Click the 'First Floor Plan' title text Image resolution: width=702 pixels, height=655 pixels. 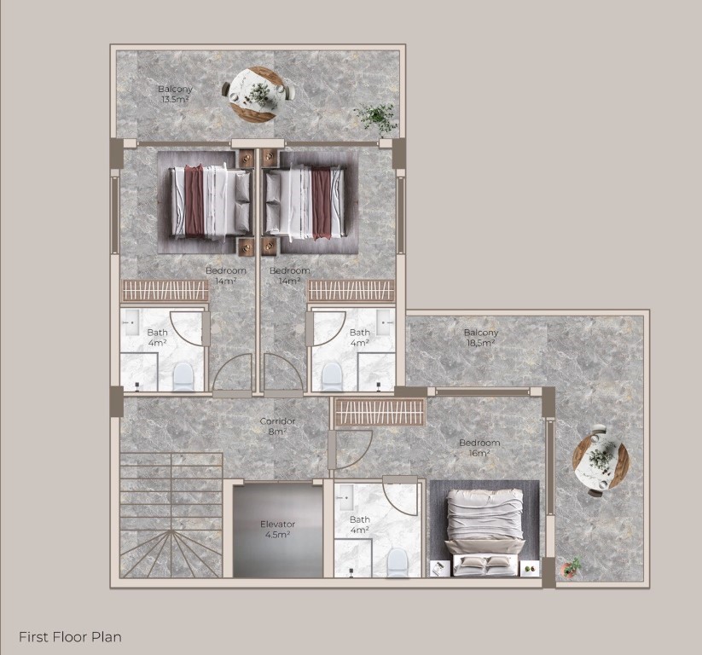point(70,636)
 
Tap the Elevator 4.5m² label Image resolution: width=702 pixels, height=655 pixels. point(277,529)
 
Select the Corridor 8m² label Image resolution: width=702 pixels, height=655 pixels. point(277,426)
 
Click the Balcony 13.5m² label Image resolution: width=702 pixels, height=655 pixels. point(175,94)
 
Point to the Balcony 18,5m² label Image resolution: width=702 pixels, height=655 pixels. point(481,338)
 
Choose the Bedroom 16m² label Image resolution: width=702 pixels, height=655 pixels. point(479,448)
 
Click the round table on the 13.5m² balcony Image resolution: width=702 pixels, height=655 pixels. point(258,93)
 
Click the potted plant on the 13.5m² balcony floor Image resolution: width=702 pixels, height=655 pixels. point(376,118)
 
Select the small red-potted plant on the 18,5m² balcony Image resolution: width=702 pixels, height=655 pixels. point(571,567)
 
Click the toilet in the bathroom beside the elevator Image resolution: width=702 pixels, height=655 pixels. point(397,562)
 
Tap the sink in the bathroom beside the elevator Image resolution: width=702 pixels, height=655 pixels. point(345,497)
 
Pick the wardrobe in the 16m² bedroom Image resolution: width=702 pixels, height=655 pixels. point(380,412)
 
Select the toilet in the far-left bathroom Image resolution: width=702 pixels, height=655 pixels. point(183,376)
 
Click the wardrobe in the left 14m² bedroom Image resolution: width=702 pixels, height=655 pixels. point(165,290)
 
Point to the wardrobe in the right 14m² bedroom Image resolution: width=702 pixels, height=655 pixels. point(351,290)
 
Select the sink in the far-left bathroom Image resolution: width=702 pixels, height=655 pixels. point(131,322)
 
